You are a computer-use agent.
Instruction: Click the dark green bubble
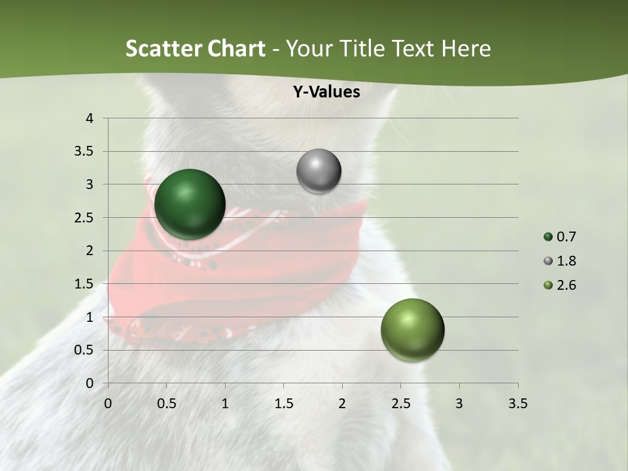coord(190,204)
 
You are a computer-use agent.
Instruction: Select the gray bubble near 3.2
coord(319,171)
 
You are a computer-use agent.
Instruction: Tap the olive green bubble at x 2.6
coord(412,330)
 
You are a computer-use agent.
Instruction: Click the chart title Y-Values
coord(326,92)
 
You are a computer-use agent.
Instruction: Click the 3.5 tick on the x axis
coord(518,404)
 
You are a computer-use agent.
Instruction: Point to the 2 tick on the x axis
coord(342,404)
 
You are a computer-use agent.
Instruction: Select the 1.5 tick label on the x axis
coord(283,404)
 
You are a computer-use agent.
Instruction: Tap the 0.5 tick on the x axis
coord(166,404)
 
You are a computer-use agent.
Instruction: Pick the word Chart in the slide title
coord(236,48)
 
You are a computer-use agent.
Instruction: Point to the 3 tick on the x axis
coord(459,404)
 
